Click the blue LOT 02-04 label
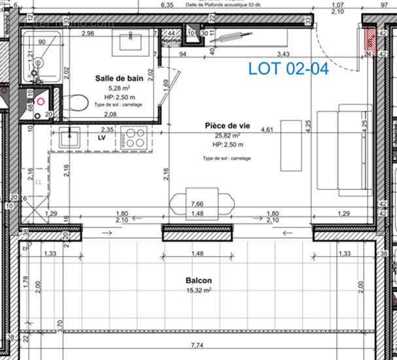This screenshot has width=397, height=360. coord(288,69)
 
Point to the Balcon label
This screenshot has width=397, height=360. coord(198,280)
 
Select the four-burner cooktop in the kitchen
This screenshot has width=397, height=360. coord(135,139)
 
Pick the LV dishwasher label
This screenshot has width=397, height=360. coord(102,139)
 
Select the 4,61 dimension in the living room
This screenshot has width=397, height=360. coord(267,130)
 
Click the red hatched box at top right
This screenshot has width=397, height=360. coord(369,40)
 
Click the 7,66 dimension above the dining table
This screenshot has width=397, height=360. coord(199,205)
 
